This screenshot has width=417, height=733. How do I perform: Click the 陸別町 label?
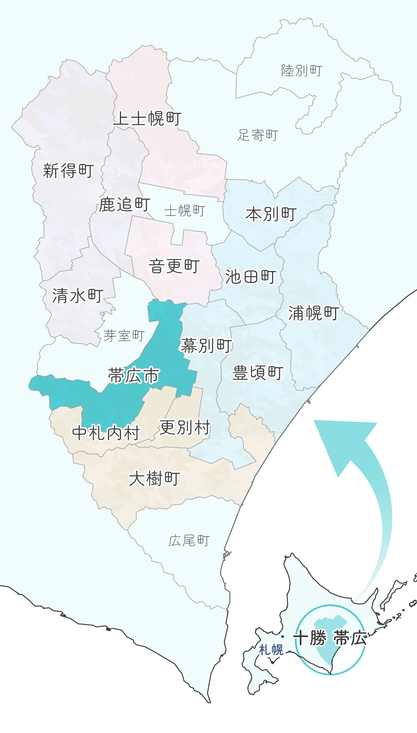302,70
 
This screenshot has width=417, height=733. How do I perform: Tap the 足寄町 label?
258,135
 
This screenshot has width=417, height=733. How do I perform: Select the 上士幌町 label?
148,118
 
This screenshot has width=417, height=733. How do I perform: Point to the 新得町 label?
68,171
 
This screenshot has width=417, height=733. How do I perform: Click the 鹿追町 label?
124,204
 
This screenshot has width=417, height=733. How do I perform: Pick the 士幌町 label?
185,211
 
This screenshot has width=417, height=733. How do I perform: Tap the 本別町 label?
271,214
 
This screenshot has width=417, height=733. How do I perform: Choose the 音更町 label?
174,266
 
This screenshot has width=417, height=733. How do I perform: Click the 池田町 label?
251,277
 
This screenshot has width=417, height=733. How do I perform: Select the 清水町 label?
78,296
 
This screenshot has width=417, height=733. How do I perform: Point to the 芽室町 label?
124,336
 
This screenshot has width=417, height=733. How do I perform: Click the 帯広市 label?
133,375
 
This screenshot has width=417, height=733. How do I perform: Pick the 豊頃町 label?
258,373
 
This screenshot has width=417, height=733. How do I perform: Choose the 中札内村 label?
106,433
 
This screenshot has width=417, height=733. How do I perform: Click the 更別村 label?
185,427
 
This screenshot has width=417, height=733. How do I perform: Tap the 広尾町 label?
189,541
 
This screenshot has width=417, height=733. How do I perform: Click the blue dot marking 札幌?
282,637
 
